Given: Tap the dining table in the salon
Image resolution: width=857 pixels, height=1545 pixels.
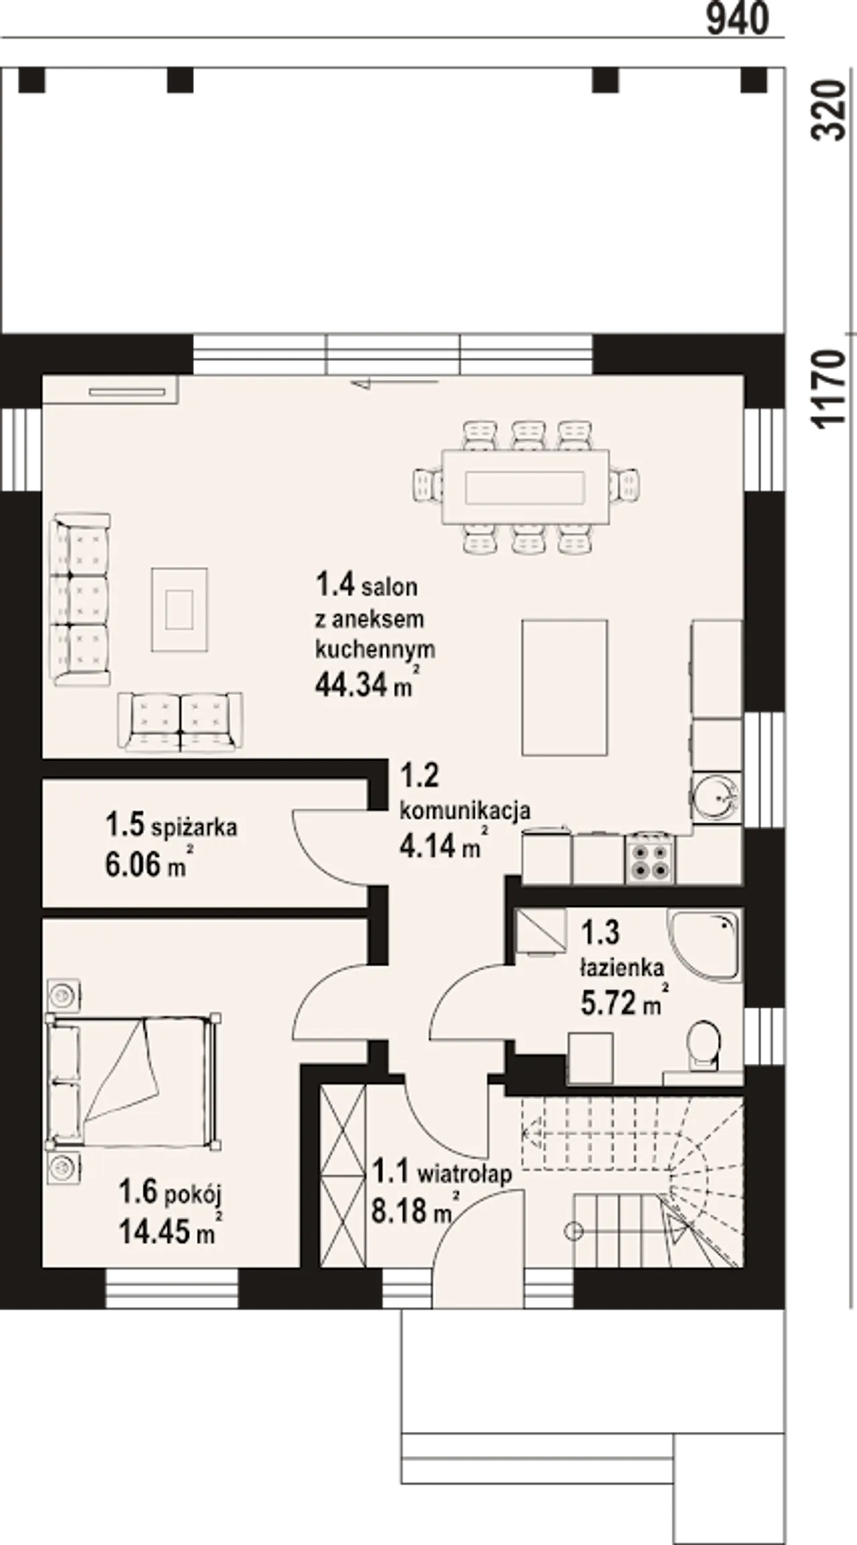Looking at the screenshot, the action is click(x=526, y=487).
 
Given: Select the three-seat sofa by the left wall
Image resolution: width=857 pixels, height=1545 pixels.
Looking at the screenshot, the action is click(x=82, y=599).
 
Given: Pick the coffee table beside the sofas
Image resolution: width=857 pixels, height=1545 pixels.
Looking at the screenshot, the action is click(x=179, y=609).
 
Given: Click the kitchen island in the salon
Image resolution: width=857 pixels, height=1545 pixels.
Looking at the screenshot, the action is click(x=565, y=687).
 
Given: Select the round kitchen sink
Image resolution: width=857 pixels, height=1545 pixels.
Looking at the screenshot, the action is click(x=716, y=797).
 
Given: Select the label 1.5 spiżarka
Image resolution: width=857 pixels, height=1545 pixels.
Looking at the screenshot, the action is click(x=171, y=825).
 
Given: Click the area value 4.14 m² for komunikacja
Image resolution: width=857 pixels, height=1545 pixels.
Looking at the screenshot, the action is click(x=443, y=845).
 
